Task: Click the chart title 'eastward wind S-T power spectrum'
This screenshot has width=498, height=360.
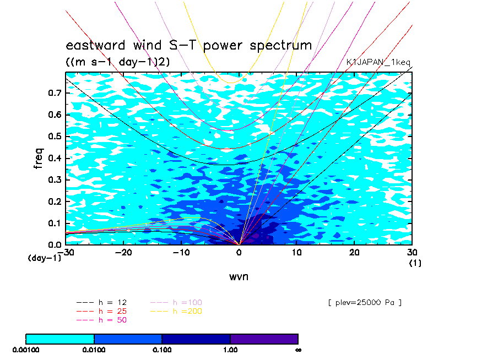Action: [189, 45]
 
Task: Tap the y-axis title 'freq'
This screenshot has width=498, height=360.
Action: [38, 158]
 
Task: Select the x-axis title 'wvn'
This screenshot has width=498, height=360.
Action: [239, 276]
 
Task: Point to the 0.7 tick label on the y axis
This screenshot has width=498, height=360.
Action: [55, 93]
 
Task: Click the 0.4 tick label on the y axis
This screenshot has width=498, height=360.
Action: [55, 158]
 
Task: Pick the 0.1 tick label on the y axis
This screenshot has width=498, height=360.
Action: [55, 223]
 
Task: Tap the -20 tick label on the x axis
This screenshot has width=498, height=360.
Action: [123, 252]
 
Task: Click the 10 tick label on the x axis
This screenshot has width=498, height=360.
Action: [296, 252]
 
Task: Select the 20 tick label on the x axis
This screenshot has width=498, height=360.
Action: [354, 252]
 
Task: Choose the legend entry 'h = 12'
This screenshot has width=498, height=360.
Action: [101, 303]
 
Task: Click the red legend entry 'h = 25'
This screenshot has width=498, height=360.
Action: [101, 311]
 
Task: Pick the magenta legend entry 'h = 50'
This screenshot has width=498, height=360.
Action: [101, 320]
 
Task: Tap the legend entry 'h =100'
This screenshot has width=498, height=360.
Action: [176, 303]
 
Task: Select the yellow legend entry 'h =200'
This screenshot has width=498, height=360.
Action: [176, 311]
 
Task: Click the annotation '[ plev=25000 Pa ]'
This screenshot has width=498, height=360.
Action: [365, 303]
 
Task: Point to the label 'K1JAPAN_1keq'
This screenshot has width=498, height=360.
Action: [378, 62]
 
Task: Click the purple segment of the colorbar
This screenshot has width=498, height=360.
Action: [264, 339]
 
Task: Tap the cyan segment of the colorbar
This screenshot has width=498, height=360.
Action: [60, 339]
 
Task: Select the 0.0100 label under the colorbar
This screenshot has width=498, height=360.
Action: [94, 350]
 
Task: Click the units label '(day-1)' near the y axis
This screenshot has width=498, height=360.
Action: [45, 258]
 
